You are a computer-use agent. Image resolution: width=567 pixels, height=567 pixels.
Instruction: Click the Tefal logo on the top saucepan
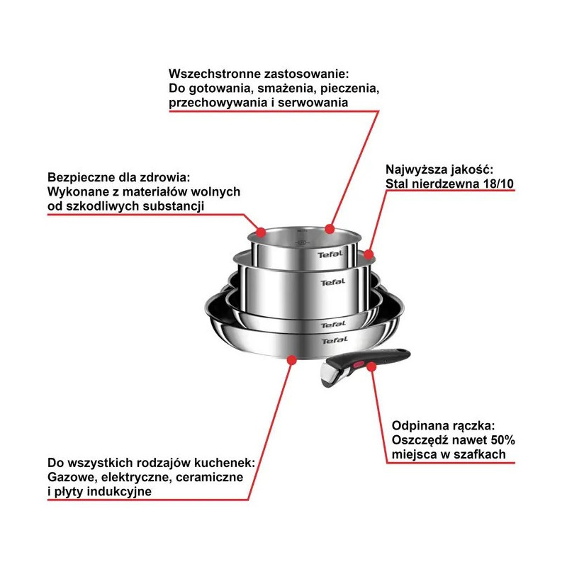[330, 254]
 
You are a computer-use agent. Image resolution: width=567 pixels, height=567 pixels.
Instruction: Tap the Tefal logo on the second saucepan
[333, 281]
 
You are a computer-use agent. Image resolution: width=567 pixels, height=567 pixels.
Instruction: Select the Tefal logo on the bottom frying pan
[335, 340]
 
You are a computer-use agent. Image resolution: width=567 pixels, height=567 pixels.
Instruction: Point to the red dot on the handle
[371, 367]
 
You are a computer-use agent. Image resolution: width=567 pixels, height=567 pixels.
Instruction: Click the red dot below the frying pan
[292, 360]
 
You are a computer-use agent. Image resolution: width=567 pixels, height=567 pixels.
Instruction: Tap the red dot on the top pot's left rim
[261, 232]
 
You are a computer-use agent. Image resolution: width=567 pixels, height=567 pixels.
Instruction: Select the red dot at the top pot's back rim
[329, 229]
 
